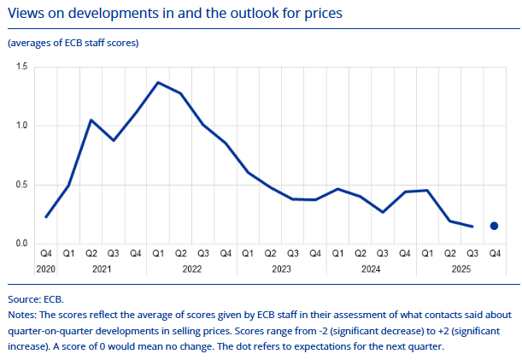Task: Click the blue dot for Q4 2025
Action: click(494, 226)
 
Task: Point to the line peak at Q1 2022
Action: click(158, 82)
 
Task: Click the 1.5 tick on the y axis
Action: click(21, 67)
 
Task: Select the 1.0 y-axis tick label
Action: click(21, 126)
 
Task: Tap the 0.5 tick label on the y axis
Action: click(21, 185)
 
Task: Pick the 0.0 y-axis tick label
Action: click(21, 244)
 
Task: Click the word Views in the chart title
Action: click(26, 14)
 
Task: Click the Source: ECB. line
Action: click(36, 300)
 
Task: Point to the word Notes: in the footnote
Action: click(24, 316)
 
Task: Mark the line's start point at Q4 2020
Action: click(46, 216)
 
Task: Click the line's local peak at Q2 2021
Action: click(91, 120)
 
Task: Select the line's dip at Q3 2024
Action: click(382, 212)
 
